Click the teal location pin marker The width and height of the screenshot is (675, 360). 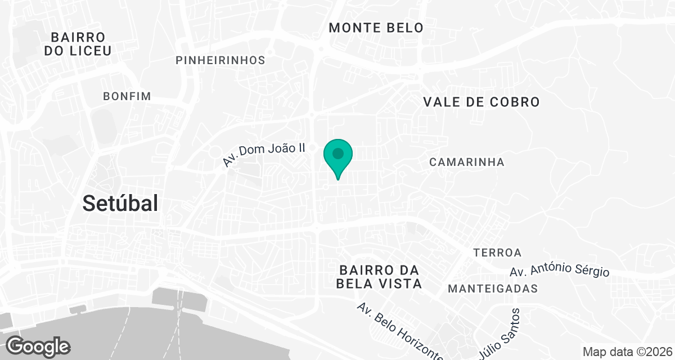point(338,157)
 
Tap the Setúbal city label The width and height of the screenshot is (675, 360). point(120,203)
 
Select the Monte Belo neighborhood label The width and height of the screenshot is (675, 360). point(376,28)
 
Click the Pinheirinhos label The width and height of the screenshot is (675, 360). point(220,60)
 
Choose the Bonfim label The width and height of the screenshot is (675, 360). point(127,96)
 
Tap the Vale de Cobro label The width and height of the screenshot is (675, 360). point(481,102)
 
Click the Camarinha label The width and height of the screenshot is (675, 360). point(466,162)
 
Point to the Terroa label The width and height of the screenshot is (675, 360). point(497,252)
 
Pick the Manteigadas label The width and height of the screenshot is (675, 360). point(493,289)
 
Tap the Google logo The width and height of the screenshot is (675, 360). point(38,346)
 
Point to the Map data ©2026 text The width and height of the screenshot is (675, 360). point(626,352)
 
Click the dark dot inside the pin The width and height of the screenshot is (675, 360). point(338,153)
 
